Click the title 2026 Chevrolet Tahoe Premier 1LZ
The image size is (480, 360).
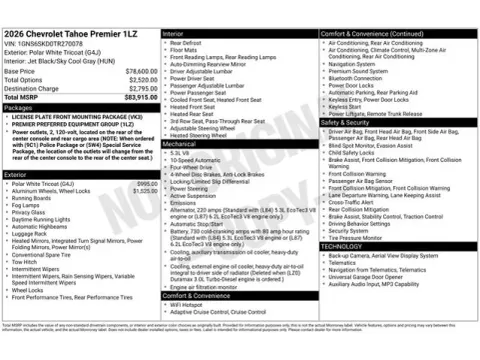point(75,35)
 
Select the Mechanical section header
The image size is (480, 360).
point(180,143)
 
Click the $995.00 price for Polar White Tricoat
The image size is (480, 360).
point(146,184)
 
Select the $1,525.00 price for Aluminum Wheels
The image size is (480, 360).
point(145,191)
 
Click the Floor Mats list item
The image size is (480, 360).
point(184,51)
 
